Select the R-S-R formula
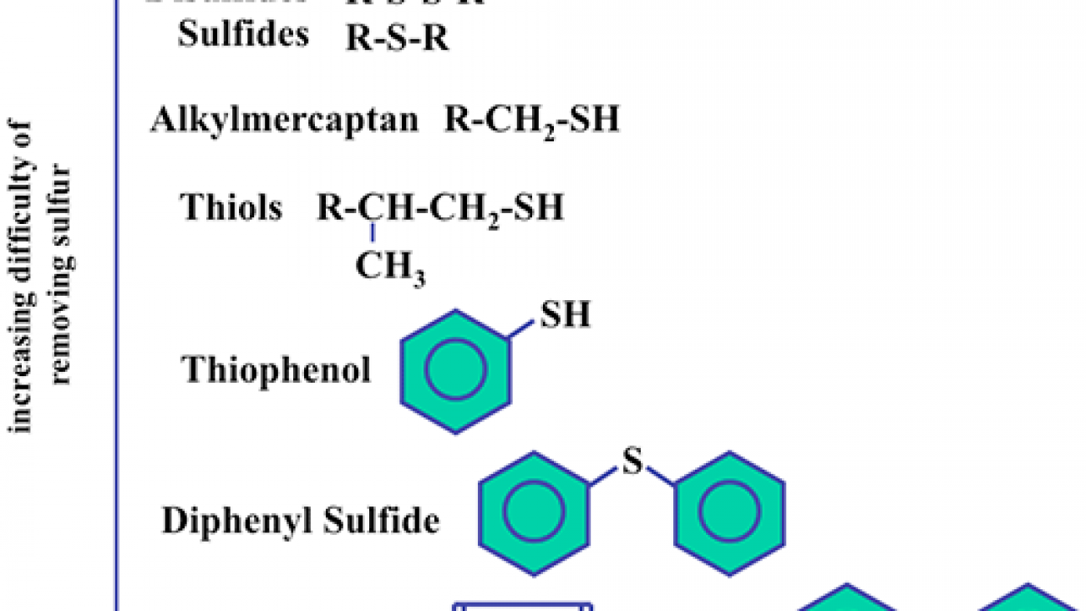pyautogui.click(x=398, y=38)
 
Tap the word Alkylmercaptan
pyautogui.click(x=285, y=120)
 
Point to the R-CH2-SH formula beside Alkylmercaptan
pyautogui.click(x=531, y=121)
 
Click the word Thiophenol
pyautogui.click(x=277, y=369)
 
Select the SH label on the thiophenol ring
pyautogui.click(x=566, y=316)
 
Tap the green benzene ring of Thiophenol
pyautogui.click(x=455, y=371)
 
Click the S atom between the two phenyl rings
pyautogui.click(x=633, y=463)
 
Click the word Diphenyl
pyautogui.click(x=230, y=522)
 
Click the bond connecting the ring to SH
pyautogui.click(x=523, y=328)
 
